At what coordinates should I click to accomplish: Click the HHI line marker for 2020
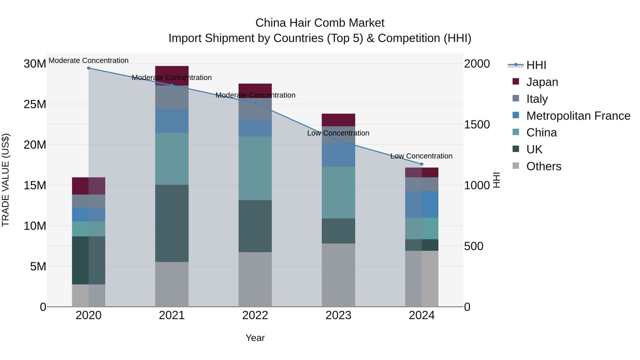(88, 68)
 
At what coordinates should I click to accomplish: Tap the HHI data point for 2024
(422, 164)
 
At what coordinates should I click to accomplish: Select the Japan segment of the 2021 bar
(172, 76)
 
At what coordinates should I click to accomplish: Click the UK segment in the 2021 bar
(172, 224)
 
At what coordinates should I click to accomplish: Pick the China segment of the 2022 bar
(255, 168)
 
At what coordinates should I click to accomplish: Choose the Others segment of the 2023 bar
(338, 275)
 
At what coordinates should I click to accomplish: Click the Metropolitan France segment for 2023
(338, 155)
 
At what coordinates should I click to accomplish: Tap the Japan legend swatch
(516, 82)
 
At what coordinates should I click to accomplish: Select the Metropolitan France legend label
(578, 116)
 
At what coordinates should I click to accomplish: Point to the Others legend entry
(537, 166)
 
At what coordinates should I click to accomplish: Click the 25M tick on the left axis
(35, 104)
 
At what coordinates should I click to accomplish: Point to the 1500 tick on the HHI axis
(477, 124)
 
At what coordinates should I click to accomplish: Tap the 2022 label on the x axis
(255, 316)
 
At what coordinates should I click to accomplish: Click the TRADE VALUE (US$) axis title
(6, 180)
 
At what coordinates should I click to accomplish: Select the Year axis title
(255, 338)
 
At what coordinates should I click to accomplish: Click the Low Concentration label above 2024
(422, 156)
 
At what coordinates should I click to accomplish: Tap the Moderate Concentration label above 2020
(88, 60)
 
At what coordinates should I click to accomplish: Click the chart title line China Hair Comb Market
(320, 23)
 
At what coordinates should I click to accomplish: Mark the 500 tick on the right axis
(474, 246)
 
